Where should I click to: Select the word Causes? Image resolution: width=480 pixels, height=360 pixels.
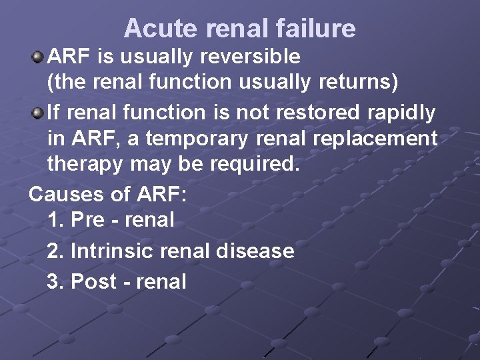pyautogui.click(x=66, y=194)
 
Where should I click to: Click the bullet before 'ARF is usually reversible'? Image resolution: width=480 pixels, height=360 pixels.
pyautogui.click(x=37, y=57)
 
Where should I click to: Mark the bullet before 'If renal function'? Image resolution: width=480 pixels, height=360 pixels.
pyautogui.click(x=37, y=113)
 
